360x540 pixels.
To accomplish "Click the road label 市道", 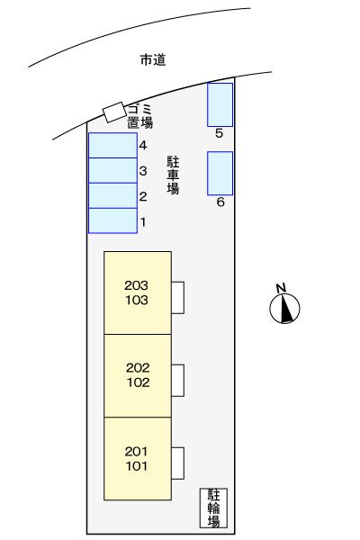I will pyautogui.click(x=154, y=60).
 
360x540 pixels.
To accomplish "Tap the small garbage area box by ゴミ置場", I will pyautogui.click(x=113, y=112).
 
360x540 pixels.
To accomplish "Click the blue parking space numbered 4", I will pyautogui.click(x=112, y=145).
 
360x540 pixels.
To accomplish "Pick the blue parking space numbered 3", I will pyautogui.click(x=112, y=170).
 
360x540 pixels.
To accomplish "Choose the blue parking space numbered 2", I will pyautogui.click(x=112, y=195).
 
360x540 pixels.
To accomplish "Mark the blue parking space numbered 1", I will pyautogui.click(x=112, y=220).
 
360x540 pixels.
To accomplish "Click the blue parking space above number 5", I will pyautogui.click(x=220, y=104).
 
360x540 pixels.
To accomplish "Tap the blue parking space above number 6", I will pyautogui.click(x=220, y=173).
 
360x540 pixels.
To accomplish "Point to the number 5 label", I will pyautogui.click(x=220, y=133).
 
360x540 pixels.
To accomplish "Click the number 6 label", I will pyautogui.click(x=220, y=202).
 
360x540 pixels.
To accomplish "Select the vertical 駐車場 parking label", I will pyautogui.click(x=173, y=175).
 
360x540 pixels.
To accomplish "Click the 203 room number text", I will pyautogui.click(x=137, y=285).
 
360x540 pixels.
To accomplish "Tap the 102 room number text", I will pyautogui.click(x=137, y=382).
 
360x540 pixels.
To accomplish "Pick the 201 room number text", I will pyautogui.click(x=137, y=452).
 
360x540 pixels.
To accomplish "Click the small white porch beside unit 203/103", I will pyautogui.click(x=178, y=296).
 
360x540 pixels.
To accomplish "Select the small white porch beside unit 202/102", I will pyautogui.click(x=178, y=379).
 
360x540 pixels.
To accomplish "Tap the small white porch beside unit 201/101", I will pyautogui.click(x=178, y=463).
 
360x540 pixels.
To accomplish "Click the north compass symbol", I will pyautogui.click(x=285, y=307).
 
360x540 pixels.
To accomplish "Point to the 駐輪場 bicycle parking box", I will pyautogui.click(x=214, y=508).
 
